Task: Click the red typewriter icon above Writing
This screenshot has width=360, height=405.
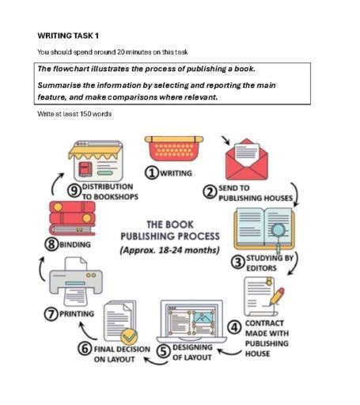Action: point(174,148)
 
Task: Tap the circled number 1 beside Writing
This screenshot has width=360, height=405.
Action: point(152,173)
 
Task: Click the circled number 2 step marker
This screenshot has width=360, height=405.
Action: point(210,192)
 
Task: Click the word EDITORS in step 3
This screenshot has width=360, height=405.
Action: point(261,268)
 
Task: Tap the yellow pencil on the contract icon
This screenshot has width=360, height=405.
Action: point(277,296)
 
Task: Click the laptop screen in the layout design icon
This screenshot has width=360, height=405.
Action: point(191,320)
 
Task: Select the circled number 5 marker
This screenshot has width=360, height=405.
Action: point(164,351)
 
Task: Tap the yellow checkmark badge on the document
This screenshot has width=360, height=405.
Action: point(129,336)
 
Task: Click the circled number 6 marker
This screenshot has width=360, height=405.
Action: point(85,348)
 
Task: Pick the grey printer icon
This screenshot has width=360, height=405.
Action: point(76,282)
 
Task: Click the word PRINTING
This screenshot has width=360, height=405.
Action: point(77,314)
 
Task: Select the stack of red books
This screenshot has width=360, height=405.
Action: point(72,218)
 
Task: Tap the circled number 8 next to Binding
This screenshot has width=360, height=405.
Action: point(51,244)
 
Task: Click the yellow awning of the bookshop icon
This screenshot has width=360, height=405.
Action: point(96,153)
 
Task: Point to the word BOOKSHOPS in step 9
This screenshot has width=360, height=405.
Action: point(116,197)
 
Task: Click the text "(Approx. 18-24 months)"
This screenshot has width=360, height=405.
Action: point(170,250)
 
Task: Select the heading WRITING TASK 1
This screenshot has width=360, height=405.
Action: point(68,36)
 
